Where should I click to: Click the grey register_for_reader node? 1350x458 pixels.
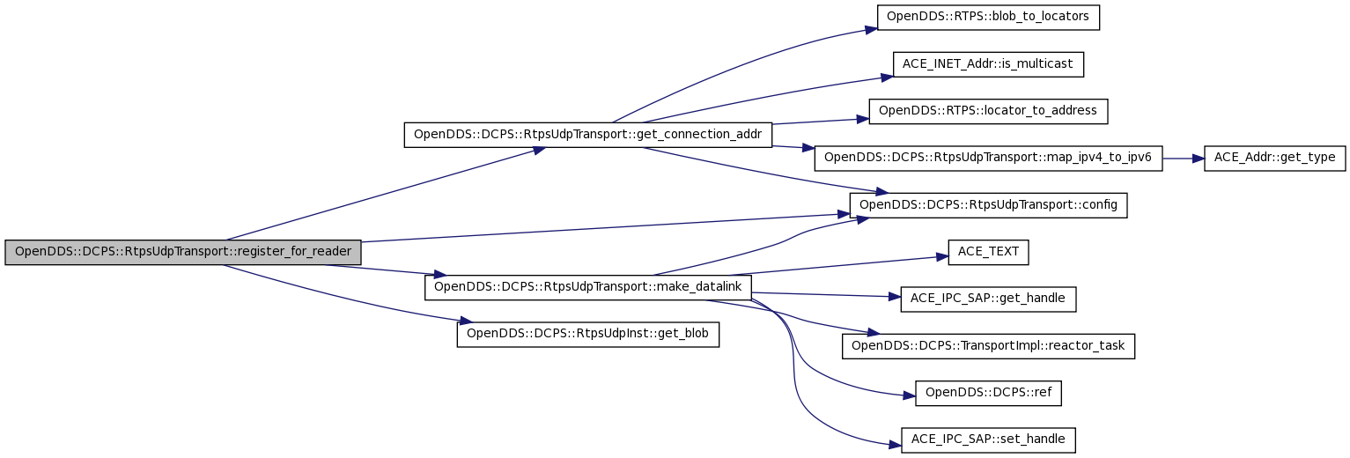click(182, 252)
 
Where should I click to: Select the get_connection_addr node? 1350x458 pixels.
click(587, 135)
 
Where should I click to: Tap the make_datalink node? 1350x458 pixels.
click(587, 287)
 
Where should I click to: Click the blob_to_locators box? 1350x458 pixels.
click(988, 18)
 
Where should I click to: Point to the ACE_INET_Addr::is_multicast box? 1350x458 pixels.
click(988, 64)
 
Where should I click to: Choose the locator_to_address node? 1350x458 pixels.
click(988, 112)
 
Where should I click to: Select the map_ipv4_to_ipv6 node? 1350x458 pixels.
click(988, 159)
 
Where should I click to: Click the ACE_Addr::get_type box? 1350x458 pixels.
click(1274, 159)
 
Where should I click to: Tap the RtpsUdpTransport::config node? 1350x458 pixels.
click(988, 205)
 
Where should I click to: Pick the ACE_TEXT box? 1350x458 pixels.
click(988, 253)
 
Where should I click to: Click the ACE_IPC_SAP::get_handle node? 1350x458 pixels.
click(988, 299)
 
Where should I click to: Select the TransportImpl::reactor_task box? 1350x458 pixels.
click(988, 346)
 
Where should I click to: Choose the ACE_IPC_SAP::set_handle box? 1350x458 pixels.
click(988, 440)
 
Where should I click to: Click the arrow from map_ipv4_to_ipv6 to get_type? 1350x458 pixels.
click(1183, 159)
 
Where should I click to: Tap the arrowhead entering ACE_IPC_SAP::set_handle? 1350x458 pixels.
click(895, 445)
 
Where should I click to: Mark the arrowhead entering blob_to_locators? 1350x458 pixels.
click(871, 29)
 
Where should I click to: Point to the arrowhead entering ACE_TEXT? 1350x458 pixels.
click(942, 257)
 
